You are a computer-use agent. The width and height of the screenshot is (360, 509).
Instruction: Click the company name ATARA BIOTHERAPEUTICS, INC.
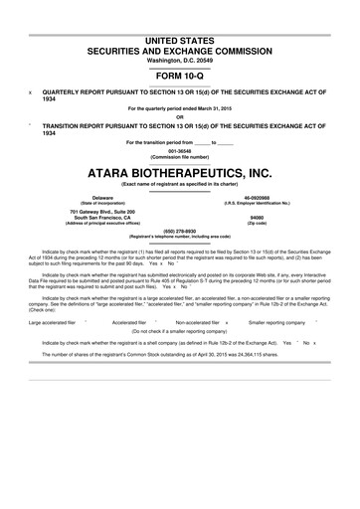point(179,172)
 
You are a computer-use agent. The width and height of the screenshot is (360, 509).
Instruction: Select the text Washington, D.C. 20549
point(179,60)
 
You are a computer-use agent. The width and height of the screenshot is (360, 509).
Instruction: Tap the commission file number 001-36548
point(179,151)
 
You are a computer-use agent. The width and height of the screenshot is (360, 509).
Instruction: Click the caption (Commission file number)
point(179,157)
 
